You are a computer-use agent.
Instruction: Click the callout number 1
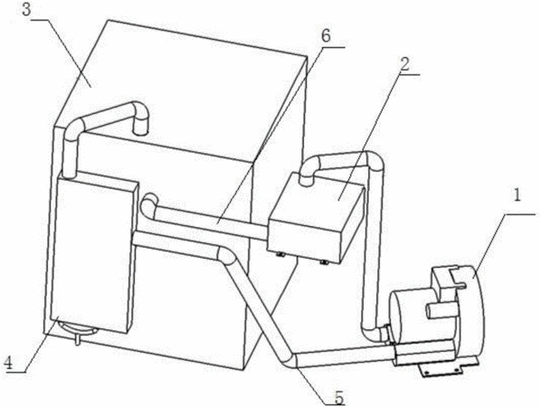[517, 195]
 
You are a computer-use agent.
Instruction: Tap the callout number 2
[404, 64]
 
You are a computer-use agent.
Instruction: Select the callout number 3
[26, 10]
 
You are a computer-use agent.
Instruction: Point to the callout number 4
[8, 363]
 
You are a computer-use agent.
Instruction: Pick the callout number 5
[339, 398]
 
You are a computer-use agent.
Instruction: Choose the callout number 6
[326, 35]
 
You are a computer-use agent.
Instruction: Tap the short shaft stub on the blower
[438, 310]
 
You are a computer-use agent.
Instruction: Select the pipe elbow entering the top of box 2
[309, 170]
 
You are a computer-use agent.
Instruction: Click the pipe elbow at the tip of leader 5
[290, 360]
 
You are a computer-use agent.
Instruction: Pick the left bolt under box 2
[280, 255]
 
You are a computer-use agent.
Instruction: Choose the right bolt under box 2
[324, 263]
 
